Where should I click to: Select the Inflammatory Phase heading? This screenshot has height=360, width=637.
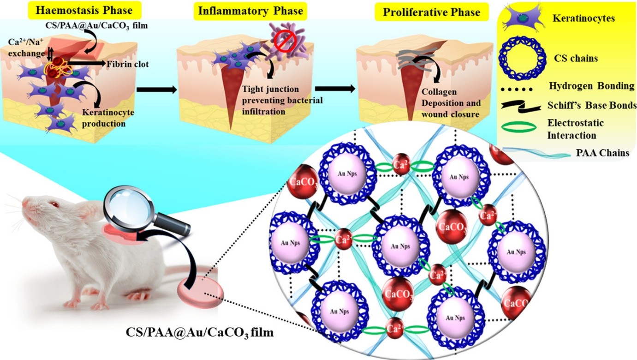(250, 11)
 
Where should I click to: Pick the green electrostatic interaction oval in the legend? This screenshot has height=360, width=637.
(522, 128)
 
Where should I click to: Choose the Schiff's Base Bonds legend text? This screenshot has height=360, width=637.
(592, 106)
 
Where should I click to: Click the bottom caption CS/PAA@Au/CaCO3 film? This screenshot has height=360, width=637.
(200, 331)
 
